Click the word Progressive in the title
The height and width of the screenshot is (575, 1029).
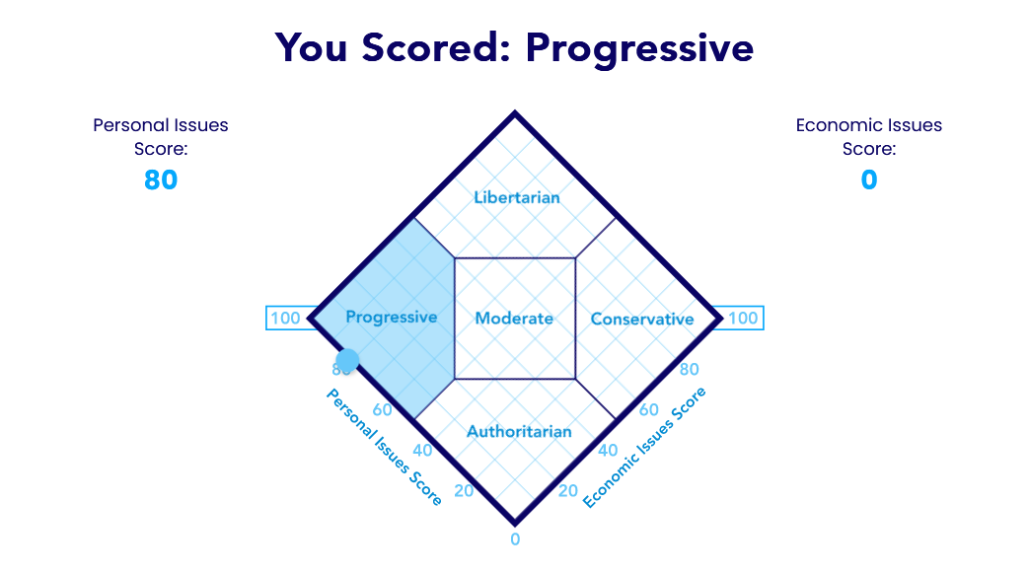[639, 48]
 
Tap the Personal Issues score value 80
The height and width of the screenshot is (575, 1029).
[161, 180]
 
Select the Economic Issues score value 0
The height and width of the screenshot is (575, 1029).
[869, 180]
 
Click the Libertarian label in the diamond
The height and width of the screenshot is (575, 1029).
[517, 197]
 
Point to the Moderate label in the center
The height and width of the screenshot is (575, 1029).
[514, 319]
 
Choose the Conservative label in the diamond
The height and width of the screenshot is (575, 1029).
[642, 319]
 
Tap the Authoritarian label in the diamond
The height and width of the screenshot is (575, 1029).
[519, 431]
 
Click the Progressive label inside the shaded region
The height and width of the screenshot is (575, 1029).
[391, 318]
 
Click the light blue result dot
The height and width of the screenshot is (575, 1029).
[347, 360]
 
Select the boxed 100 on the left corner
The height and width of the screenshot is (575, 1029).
[285, 319]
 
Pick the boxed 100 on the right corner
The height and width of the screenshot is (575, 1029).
[743, 319]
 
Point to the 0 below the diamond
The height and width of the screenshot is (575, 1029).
[515, 539]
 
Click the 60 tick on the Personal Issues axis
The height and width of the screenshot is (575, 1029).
[382, 410]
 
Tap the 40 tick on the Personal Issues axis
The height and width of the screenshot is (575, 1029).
[422, 451]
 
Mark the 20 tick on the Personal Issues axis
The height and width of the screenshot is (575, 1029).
[464, 491]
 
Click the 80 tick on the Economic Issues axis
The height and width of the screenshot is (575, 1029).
[689, 370]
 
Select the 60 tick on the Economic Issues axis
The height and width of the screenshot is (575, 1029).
[648, 410]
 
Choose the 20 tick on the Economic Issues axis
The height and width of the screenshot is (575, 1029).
[567, 491]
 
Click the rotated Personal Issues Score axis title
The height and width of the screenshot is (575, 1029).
[384, 447]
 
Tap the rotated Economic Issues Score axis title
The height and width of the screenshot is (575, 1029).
[644, 447]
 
